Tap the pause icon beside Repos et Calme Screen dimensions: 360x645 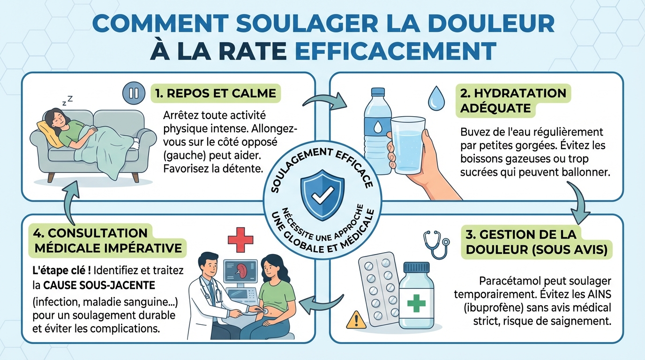[134, 93]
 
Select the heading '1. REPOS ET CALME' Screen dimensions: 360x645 [215, 93]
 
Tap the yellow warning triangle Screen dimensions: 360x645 [356, 320]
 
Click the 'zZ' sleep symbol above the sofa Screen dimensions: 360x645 [68, 100]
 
